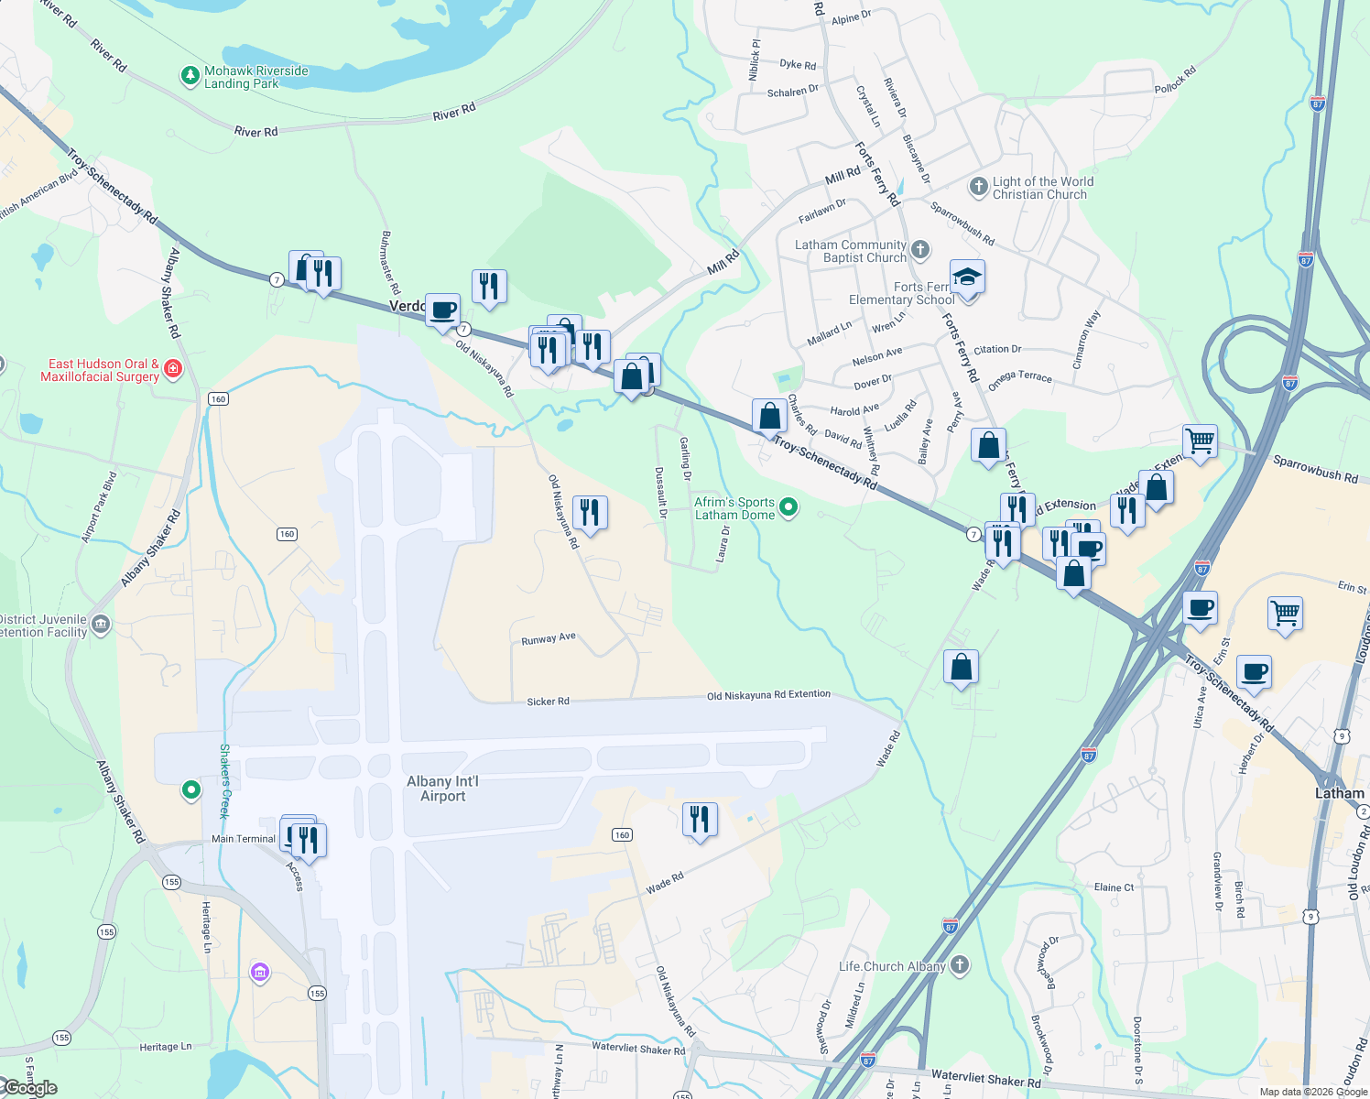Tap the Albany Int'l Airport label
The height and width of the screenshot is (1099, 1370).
point(443,789)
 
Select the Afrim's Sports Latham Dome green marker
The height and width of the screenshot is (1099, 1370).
point(788,507)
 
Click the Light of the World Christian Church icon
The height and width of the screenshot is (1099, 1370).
point(978,187)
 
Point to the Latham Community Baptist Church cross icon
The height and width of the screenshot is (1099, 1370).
point(920,250)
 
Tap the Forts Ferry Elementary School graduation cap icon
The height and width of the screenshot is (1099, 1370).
point(967,277)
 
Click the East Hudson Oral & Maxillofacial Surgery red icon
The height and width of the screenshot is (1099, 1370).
point(173,369)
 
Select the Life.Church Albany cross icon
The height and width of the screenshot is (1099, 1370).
point(959,965)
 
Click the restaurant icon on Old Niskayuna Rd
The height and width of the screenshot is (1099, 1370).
point(590,513)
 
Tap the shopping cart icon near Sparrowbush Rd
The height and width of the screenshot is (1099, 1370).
point(1200,441)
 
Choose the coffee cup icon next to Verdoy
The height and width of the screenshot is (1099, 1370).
point(443,310)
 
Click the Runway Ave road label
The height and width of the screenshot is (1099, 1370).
point(549,638)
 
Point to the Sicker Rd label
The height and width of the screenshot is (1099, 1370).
point(548,702)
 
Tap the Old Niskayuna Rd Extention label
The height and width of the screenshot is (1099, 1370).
point(768,695)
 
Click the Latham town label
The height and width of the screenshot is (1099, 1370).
point(1339,793)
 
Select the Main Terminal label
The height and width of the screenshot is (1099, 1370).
point(243,839)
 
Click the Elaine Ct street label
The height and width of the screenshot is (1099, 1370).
point(1114,887)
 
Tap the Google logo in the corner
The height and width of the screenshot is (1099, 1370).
point(29,1088)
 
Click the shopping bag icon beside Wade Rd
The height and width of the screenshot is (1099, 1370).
point(961,668)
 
